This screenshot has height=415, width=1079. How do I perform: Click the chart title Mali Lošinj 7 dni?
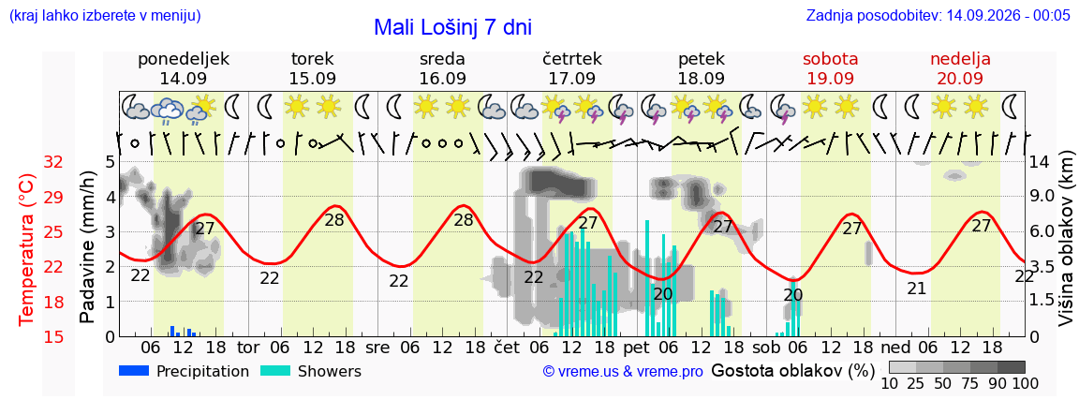click(452, 27)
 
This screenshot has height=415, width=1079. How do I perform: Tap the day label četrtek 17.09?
click(572, 68)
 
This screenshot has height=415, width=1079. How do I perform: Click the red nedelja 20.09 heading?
click(960, 68)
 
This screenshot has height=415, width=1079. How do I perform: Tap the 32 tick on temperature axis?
click(53, 162)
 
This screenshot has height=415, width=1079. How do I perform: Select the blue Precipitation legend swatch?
click(134, 371)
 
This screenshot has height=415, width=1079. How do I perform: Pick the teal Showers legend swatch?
click(275, 371)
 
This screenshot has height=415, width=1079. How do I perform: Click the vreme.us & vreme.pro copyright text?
click(623, 372)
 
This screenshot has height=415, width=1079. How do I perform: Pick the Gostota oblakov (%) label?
click(792, 371)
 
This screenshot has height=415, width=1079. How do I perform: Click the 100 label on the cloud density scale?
click(1025, 383)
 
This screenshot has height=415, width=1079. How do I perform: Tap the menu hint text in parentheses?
click(105, 15)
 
